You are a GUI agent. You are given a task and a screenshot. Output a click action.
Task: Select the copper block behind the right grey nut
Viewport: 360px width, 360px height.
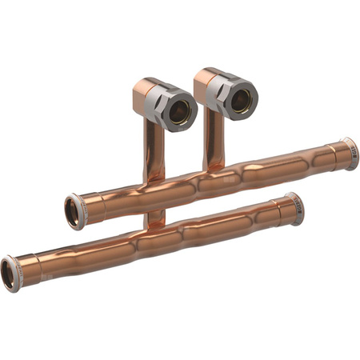click(206, 81)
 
